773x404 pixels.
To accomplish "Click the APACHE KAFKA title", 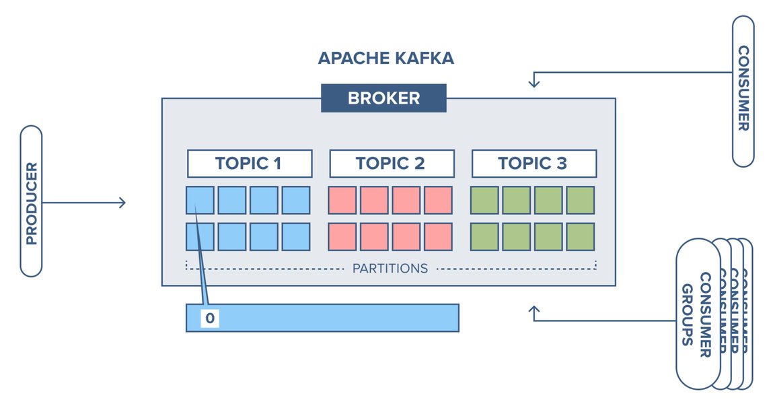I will pyautogui.click(x=385, y=58).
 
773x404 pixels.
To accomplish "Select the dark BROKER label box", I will pyautogui.click(x=383, y=98).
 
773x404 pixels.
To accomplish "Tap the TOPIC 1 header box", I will pyautogui.click(x=249, y=164).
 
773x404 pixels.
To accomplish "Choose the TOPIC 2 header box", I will pyautogui.click(x=391, y=164).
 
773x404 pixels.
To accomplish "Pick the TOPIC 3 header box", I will pyautogui.click(x=533, y=164).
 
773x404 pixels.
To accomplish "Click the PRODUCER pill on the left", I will pyautogui.click(x=31, y=201).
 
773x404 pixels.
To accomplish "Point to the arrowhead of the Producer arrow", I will pyautogui.click(x=122, y=202).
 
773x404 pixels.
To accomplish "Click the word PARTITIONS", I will pyautogui.click(x=390, y=268).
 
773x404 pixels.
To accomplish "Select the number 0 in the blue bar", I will pyautogui.click(x=210, y=318).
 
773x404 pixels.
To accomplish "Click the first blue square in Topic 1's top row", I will pyautogui.click(x=200, y=201).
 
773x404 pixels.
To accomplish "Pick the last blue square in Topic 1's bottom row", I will pyautogui.click(x=296, y=236).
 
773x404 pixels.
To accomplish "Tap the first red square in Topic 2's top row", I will pyautogui.click(x=342, y=201).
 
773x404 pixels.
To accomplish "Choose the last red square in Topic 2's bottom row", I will pyautogui.click(x=438, y=236).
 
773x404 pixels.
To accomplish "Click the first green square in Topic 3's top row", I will pyautogui.click(x=484, y=201).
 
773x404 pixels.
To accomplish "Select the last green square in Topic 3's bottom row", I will pyautogui.click(x=581, y=236).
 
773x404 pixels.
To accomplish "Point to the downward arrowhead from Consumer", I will pyautogui.click(x=534, y=83).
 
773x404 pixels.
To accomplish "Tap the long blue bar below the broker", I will pyautogui.click(x=336, y=318).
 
